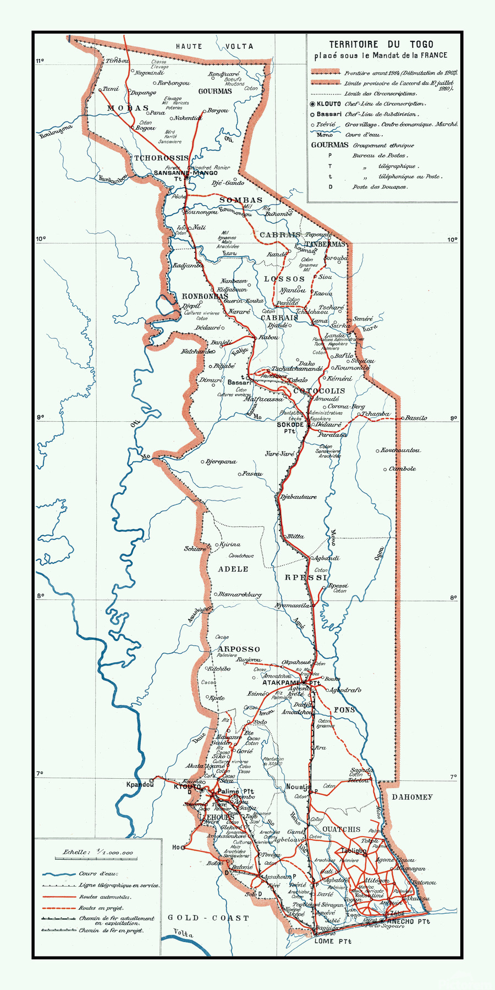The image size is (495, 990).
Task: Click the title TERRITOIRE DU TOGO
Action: [381, 45]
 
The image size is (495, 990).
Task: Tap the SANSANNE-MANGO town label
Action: [185, 173]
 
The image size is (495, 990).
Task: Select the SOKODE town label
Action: [290, 425]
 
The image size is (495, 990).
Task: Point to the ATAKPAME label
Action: [281, 683]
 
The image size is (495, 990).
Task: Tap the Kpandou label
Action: [140, 784]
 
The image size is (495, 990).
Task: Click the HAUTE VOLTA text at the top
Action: [215, 47]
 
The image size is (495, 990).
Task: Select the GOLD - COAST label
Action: [208, 918]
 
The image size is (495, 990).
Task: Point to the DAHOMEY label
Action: [412, 797]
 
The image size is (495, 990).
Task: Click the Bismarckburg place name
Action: [240, 595]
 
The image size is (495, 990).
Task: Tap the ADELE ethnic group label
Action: [233, 569]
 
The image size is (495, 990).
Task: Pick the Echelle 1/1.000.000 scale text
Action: [98, 852]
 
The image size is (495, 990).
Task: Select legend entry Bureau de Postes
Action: [380, 156]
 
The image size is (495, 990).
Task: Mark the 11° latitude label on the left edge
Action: [40, 61]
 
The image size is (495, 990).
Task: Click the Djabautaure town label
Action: [299, 497]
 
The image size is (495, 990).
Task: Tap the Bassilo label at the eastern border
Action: [416, 418]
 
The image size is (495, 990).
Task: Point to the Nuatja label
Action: [298, 787]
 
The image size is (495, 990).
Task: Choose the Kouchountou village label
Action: [401, 450]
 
